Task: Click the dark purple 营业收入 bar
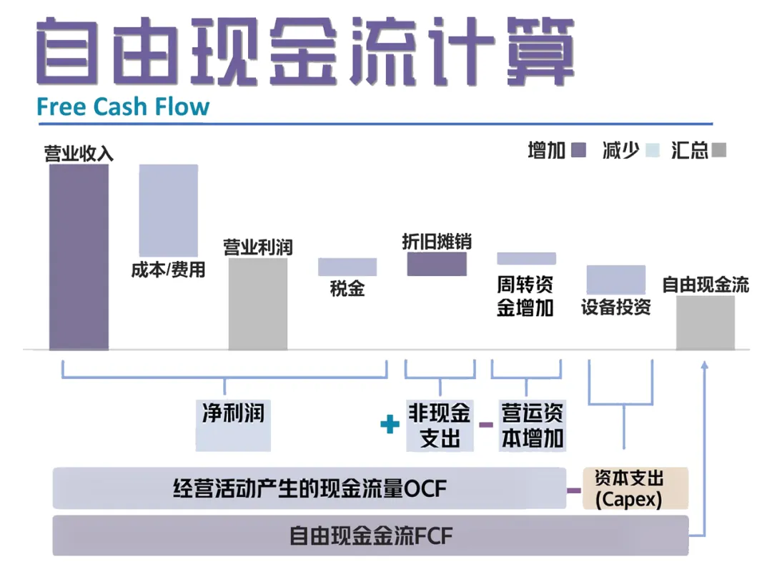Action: point(79,257)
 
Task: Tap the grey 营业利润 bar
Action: point(257,304)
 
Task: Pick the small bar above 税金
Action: point(347,267)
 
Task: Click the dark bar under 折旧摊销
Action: point(437,264)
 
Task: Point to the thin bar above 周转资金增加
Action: point(526,258)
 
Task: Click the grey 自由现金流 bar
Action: point(706,322)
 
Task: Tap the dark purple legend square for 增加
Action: point(579,150)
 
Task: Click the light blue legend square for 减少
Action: point(652,150)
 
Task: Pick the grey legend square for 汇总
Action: point(720,150)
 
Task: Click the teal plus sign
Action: point(390,425)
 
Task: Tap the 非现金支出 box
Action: point(440,425)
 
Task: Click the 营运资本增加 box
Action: point(532,425)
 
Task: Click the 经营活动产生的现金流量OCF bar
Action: point(309,488)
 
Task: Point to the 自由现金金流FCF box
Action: point(370,536)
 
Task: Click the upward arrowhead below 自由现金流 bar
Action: point(705,365)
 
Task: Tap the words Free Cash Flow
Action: point(123,107)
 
